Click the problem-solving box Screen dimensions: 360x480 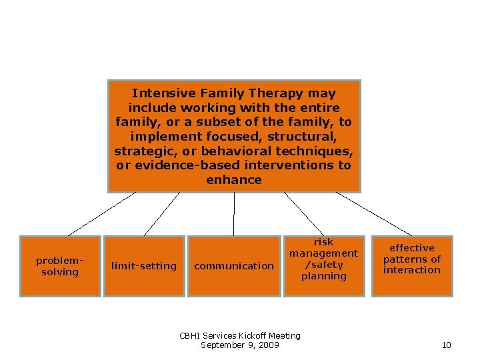[60, 266]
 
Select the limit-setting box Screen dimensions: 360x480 [144, 266]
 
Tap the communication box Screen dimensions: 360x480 [234, 266]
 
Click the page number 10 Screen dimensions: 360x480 [447, 345]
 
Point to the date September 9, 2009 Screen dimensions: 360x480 [240, 345]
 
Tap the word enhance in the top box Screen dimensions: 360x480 [234, 180]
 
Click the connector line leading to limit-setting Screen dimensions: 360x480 [162, 214]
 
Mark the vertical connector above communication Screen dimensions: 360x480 [234, 214]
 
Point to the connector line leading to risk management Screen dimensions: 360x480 [304, 214]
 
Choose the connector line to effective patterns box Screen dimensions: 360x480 [373, 214]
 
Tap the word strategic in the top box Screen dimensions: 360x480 [141, 151]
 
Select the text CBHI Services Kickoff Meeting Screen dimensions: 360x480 [240, 335]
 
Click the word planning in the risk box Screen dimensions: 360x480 [323, 276]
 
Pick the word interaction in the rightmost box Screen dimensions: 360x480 [412, 270]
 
